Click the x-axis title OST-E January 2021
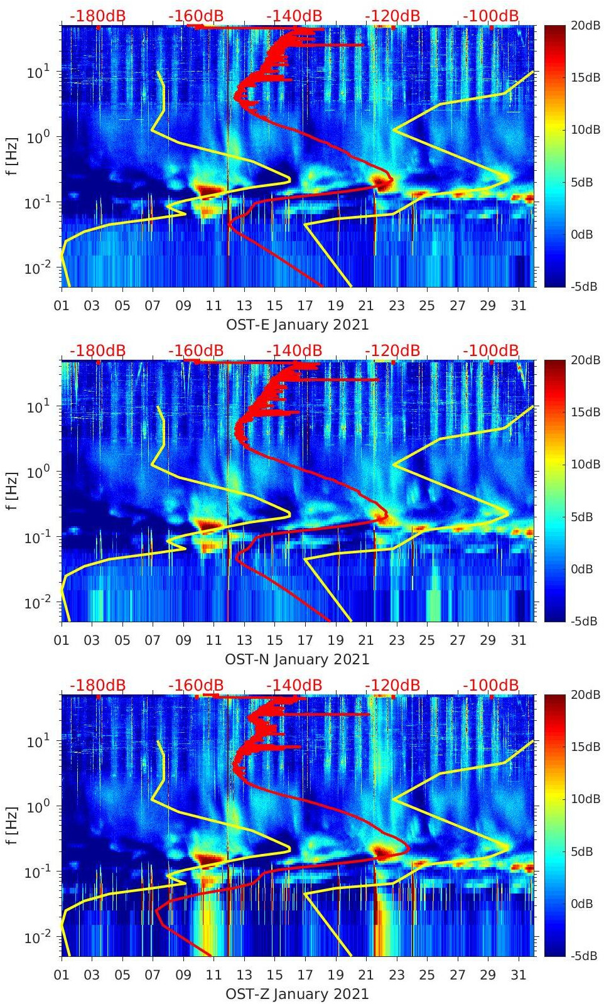[x=297, y=325]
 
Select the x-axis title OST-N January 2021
[x=297, y=659]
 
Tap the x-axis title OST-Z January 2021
[x=297, y=994]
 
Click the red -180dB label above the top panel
[x=97, y=16]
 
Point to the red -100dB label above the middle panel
[x=491, y=350]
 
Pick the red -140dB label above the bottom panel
[x=294, y=685]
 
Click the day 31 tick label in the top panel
[x=518, y=306]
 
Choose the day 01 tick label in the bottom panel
[x=62, y=975]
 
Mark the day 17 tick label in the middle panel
[x=305, y=640]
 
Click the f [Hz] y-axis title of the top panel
[x=13, y=156]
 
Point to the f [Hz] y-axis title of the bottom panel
[x=13, y=825]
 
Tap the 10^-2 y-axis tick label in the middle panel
[x=36, y=603]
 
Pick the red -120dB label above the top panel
[x=392, y=16]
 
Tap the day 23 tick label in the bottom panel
[x=396, y=975]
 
